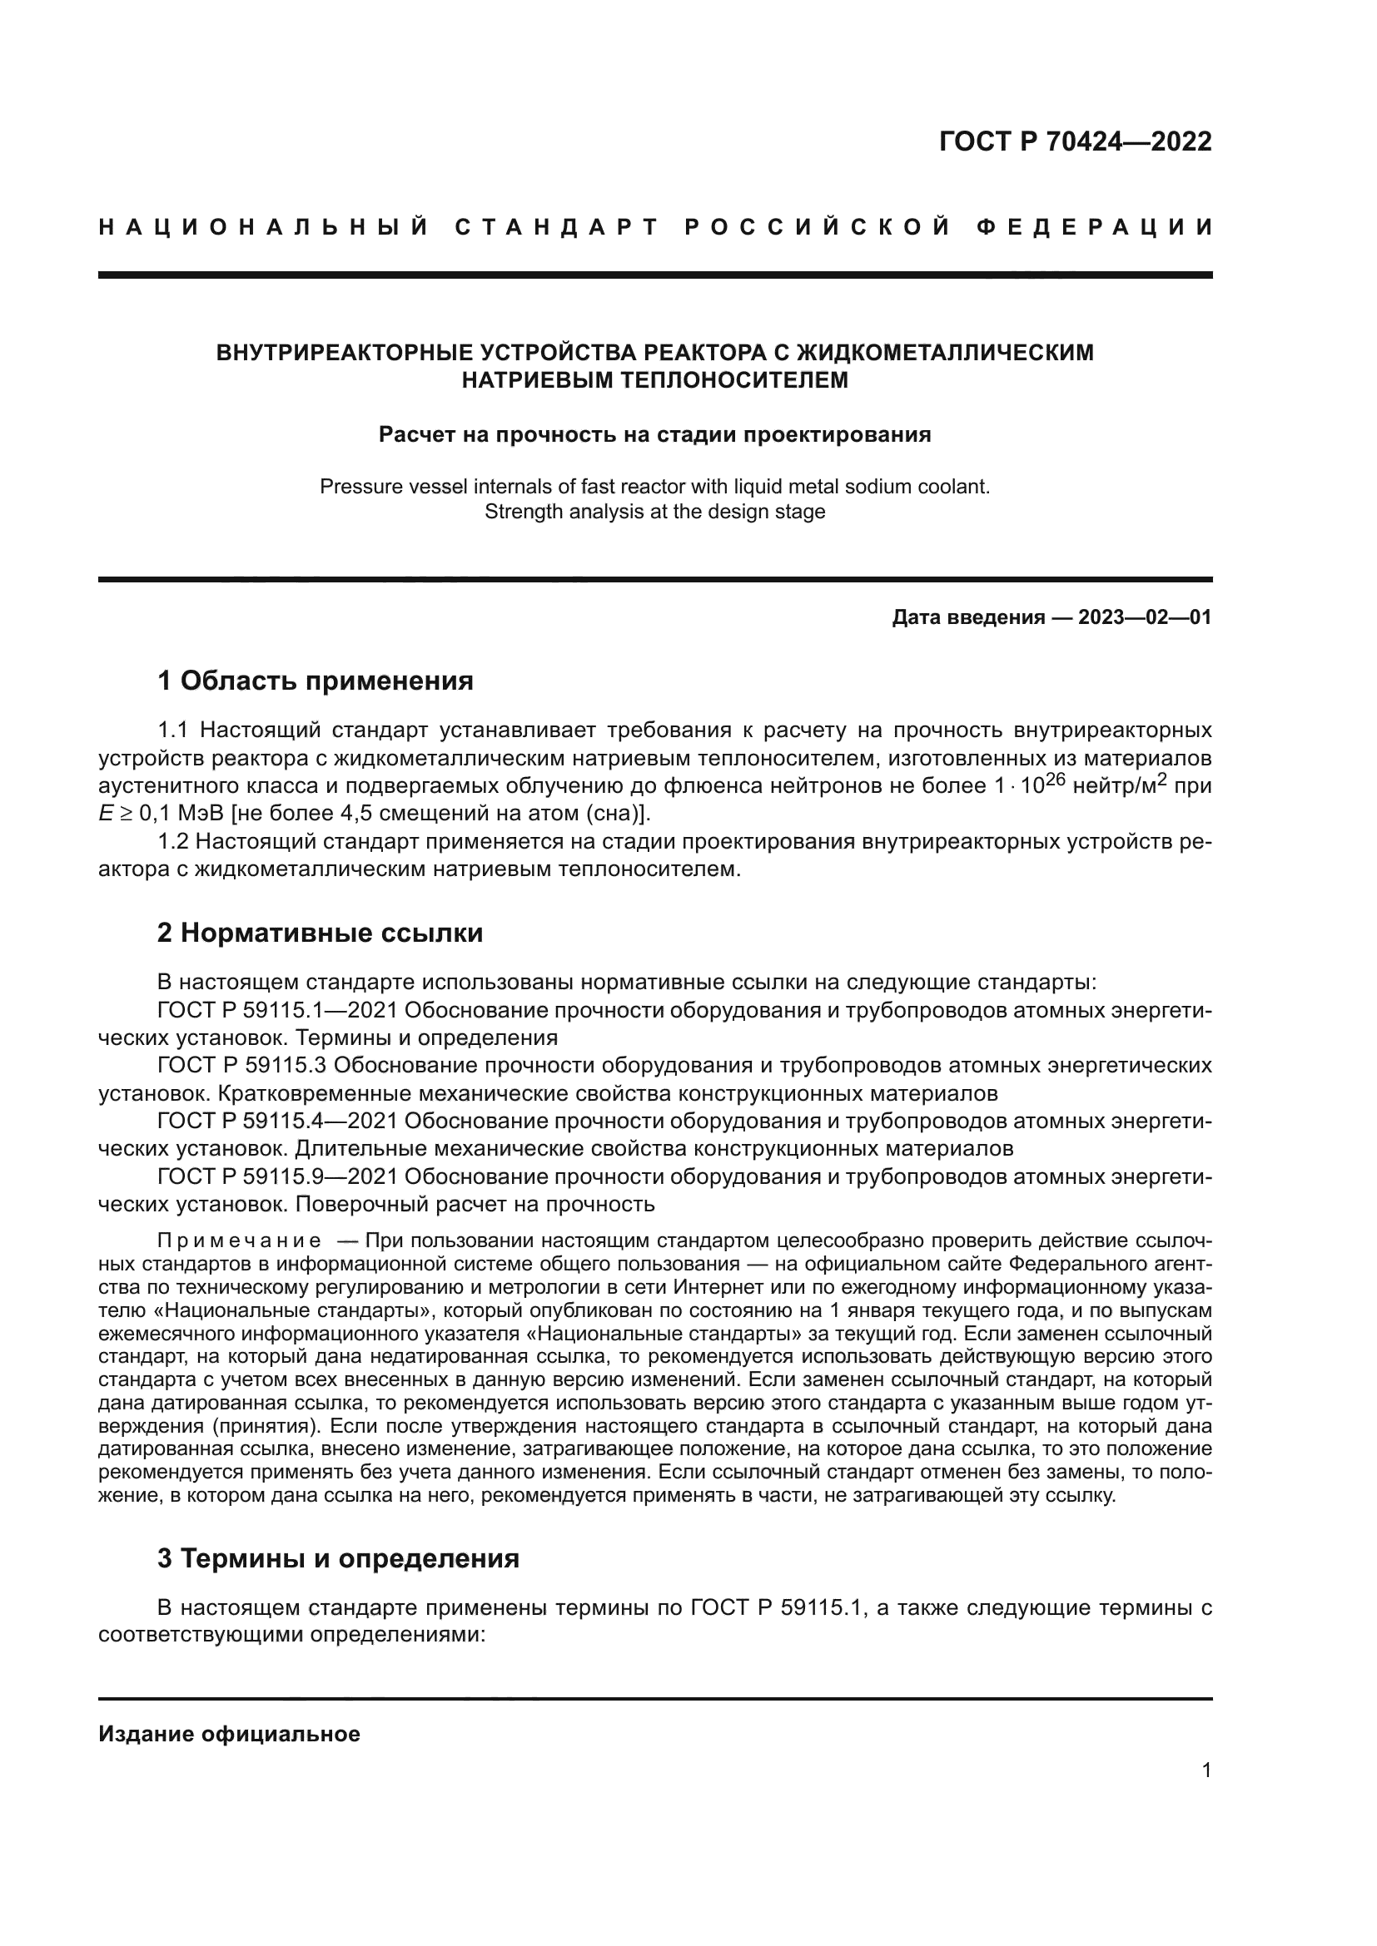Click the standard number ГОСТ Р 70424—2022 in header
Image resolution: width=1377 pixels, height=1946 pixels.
pyautogui.click(x=1075, y=141)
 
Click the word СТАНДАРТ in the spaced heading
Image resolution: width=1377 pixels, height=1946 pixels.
pyautogui.click(x=557, y=227)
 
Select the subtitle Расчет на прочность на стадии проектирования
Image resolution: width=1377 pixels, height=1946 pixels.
pyautogui.click(x=654, y=435)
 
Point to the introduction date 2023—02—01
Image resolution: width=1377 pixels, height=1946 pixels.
pyautogui.click(x=1145, y=617)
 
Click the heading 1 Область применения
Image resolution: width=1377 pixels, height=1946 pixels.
pyautogui.click(x=316, y=681)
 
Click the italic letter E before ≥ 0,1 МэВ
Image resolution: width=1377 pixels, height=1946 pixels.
pyautogui.click(x=105, y=814)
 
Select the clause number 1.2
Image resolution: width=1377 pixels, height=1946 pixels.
pyautogui.click(x=173, y=842)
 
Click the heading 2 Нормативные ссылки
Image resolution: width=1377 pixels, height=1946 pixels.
pyautogui.click(x=320, y=933)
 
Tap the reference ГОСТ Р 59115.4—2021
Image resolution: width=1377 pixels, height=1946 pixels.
pyautogui.click(x=277, y=1122)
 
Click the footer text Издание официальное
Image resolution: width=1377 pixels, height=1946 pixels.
pyautogui.click(x=229, y=1734)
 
